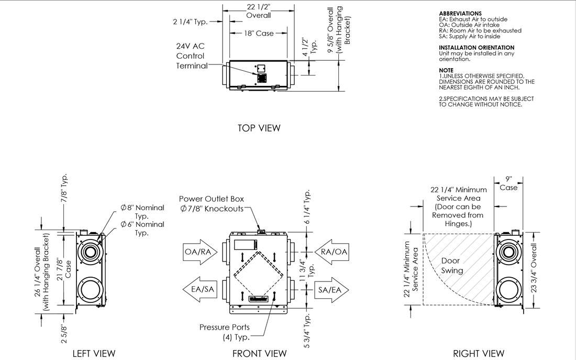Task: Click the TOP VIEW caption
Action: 259,128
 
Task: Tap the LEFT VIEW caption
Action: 94,353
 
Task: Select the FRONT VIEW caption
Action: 259,353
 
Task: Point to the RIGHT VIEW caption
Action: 479,353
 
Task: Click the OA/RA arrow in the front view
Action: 199,252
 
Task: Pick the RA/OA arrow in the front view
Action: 333,252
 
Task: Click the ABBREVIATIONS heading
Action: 460,13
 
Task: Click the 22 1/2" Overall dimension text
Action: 259,10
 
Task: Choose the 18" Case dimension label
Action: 259,33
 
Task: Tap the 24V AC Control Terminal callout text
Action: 191,56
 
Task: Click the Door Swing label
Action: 452,266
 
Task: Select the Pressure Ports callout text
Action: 224,331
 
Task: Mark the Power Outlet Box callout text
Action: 212,204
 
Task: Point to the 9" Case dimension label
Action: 508,183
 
